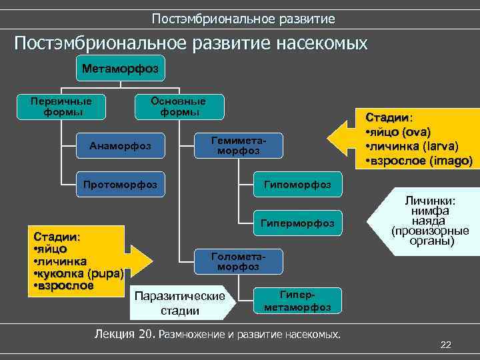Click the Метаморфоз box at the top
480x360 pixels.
point(120,68)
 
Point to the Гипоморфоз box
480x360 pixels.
point(297,184)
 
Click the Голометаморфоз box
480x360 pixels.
point(238,261)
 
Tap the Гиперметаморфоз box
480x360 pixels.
point(297,301)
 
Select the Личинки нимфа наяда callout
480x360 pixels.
point(430,221)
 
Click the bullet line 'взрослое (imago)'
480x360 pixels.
point(419,161)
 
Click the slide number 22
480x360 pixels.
point(446,344)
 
